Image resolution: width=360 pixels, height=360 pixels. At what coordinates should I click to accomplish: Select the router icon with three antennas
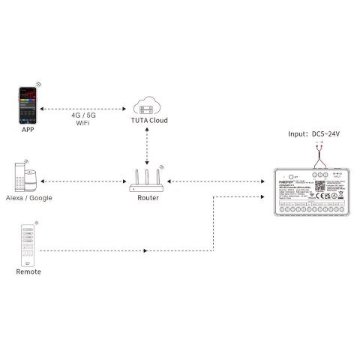tap(148, 180)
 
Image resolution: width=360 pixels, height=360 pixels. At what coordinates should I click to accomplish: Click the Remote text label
tap(28, 271)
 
